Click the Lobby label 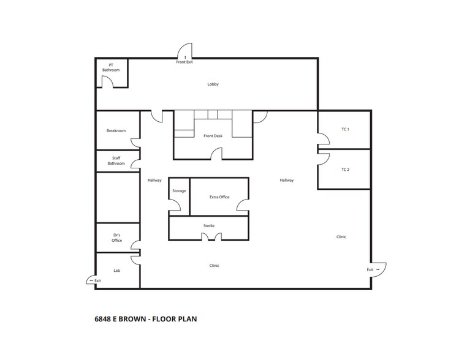pyautogui.click(x=213, y=84)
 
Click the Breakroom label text pyautogui.click(x=116, y=130)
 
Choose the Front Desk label pyautogui.click(x=213, y=136)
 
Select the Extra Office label pyautogui.click(x=219, y=197)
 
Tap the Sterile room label pyautogui.click(x=209, y=226)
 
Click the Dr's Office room pyautogui.click(x=117, y=238)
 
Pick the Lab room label pyautogui.click(x=116, y=270)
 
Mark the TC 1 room pyautogui.click(x=344, y=129)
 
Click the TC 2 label pyautogui.click(x=345, y=170)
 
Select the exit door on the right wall pyautogui.click(x=378, y=270)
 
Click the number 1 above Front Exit pyautogui.click(x=184, y=58)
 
